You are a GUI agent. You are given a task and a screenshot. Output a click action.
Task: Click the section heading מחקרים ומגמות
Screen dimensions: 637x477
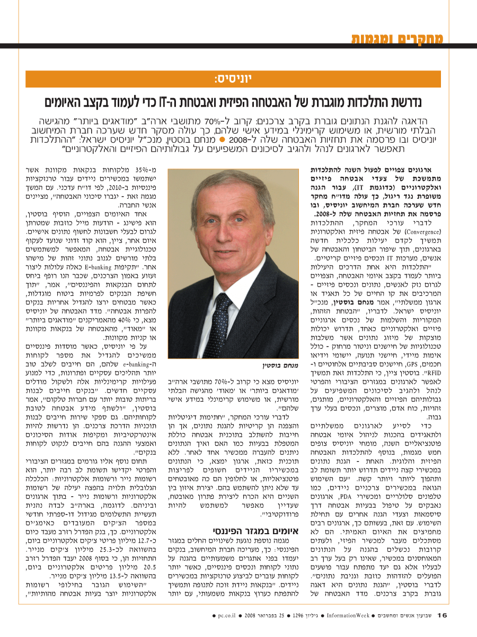click(398, 39)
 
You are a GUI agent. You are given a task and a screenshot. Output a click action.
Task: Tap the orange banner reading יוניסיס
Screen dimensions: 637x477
click(233, 79)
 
